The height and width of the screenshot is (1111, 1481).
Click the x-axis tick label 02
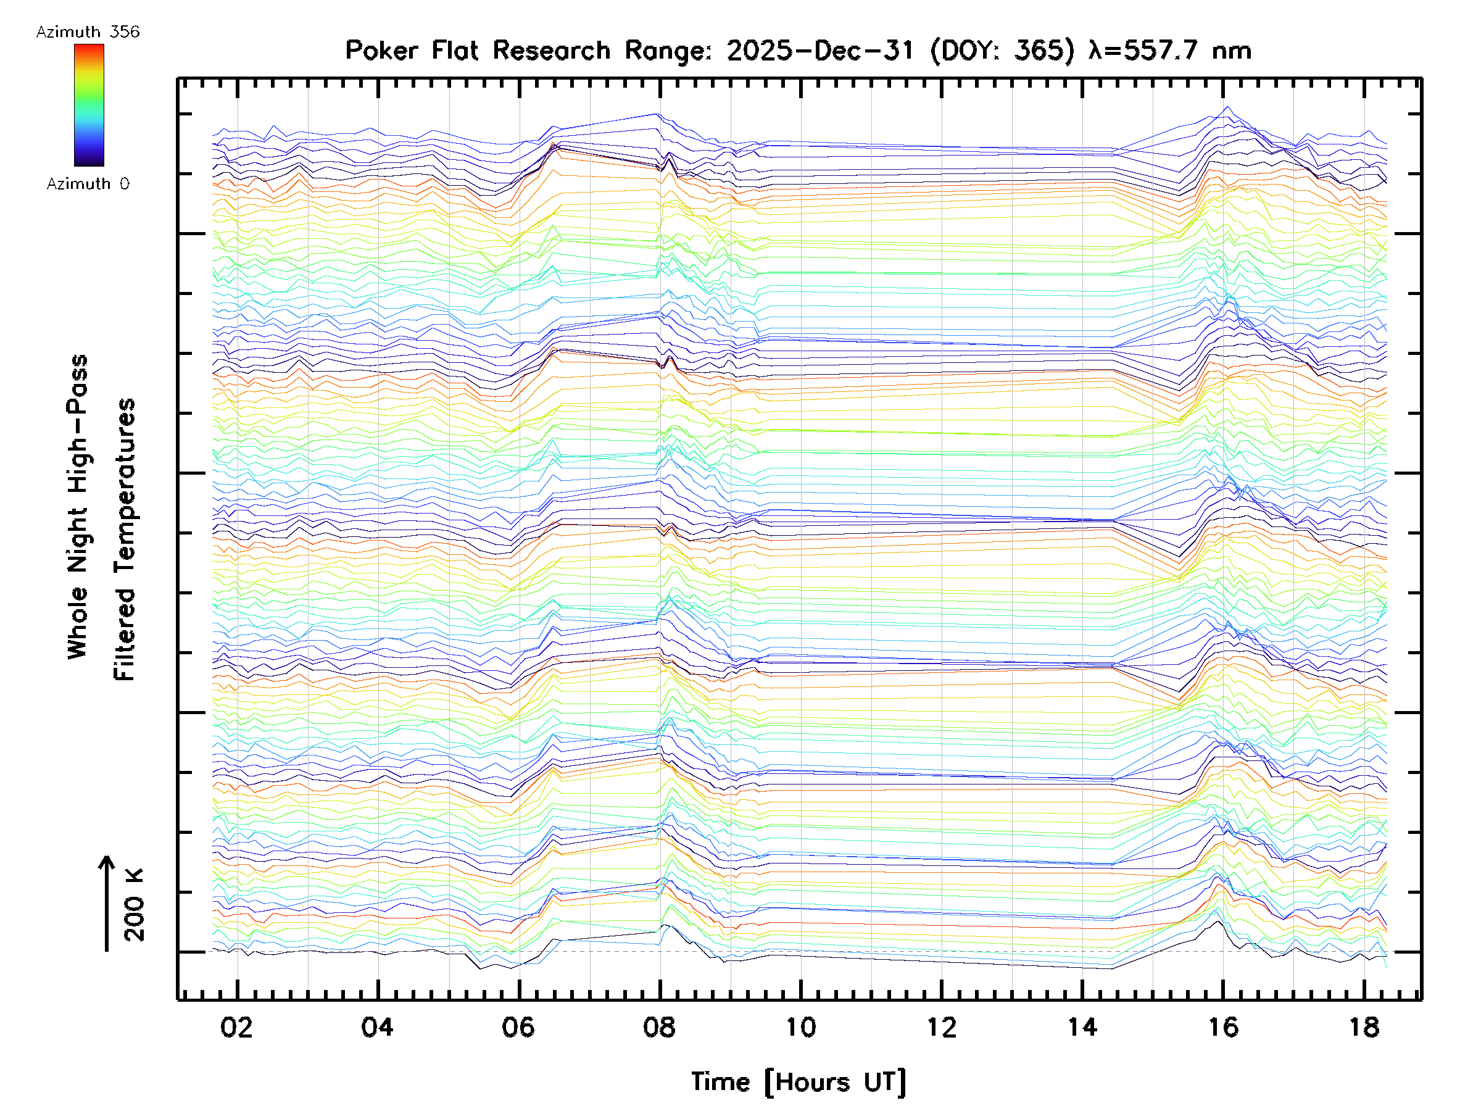click(x=236, y=1027)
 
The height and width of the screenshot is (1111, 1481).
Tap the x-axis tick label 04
click(x=377, y=1027)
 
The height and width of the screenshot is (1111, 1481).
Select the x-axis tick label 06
click(x=518, y=1027)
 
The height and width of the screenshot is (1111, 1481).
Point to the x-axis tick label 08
click(x=659, y=1027)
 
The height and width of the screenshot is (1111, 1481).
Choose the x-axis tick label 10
click(x=800, y=1027)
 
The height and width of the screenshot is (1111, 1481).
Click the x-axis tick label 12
click(x=941, y=1027)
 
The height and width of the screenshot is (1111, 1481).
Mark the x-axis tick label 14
click(x=1082, y=1027)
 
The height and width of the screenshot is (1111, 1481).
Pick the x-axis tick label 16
click(x=1223, y=1027)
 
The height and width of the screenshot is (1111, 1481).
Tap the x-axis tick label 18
click(x=1364, y=1027)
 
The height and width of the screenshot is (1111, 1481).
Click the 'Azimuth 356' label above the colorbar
click(x=88, y=32)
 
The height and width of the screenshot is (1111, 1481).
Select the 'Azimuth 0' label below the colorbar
click(x=88, y=183)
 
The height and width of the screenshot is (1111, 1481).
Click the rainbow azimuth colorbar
click(x=89, y=105)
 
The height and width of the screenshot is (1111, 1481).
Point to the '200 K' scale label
click(x=134, y=905)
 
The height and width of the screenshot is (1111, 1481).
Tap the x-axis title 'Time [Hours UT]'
click(x=799, y=1082)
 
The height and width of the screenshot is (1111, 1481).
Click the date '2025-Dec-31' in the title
click(x=820, y=50)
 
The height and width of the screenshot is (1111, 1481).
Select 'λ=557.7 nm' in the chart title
click(x=1169, y=50)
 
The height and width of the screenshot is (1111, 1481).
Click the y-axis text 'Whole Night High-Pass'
click(x=78, y=506)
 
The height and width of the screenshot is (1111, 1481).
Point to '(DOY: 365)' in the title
click(x=1002, y=50)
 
